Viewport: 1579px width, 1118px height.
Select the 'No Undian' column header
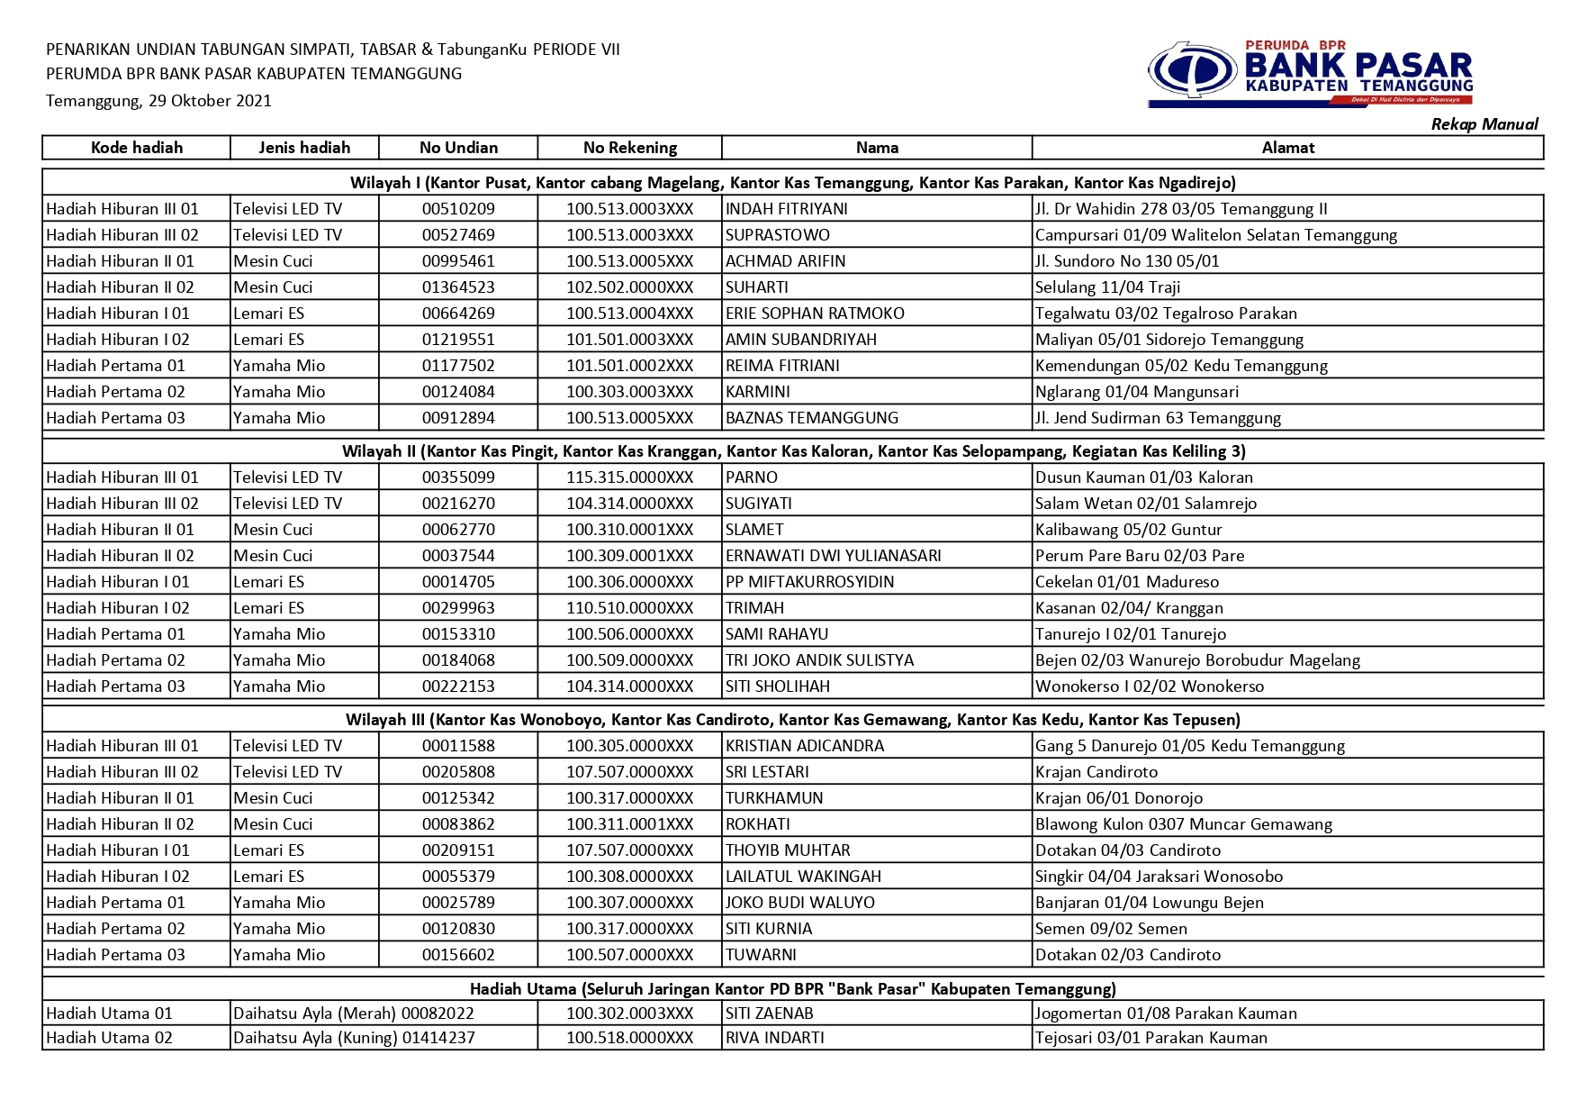click(x=458, y=148)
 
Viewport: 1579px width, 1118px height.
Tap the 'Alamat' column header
click(x=1287, y=148)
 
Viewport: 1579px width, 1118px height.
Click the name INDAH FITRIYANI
click(x=787, y=209)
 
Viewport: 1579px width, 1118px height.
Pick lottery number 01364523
click(x=458, y=287)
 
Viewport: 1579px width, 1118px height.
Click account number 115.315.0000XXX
click(x=629, y=477)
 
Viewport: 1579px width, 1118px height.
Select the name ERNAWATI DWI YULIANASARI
click(x=834, y=556)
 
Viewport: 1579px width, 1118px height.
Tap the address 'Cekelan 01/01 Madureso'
click(x=1127, y=582)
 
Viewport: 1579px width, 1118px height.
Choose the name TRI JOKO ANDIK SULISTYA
click(x=819, y=660)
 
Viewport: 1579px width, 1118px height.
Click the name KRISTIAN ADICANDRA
click(x=805, y=746)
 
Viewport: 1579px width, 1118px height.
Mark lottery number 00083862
click(x=458, y=824)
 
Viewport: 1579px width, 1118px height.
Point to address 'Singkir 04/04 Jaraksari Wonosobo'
click(x=1159, y=877)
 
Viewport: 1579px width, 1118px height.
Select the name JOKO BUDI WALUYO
click(x=800, y=903)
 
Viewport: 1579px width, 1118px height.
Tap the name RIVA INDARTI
click(x=775, y=1038)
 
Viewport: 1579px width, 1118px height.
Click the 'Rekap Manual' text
click(x=1484, y=124)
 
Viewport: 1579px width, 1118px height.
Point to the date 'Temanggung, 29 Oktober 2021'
click(x=158, y=101)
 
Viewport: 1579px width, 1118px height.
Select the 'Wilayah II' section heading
click(x=793, y=451)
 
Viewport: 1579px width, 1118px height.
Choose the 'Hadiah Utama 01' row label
click(x=109, y=1013)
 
